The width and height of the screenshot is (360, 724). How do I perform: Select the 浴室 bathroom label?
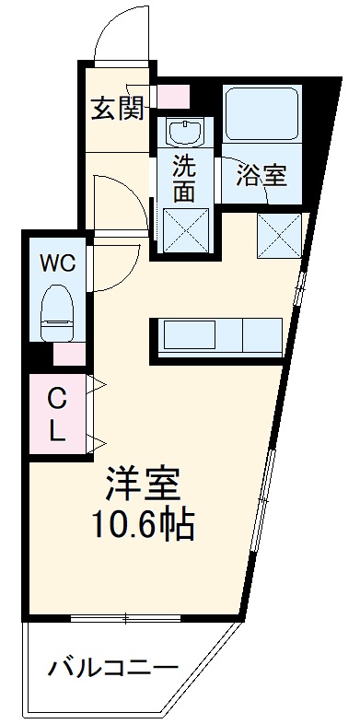[261, 175]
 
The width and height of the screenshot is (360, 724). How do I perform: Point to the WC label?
[57, 262]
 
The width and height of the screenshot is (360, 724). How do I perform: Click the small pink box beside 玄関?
[172, 96]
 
